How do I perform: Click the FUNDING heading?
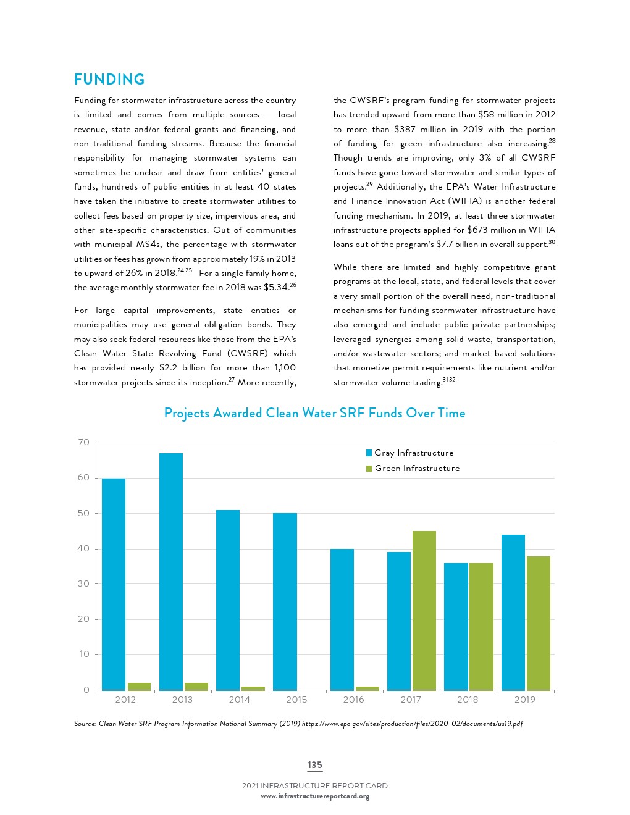(x=109, y=80)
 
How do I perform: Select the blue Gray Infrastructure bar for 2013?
(x=171, y=571)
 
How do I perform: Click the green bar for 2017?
(x=424, y=610)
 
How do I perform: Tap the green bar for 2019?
(x=538, y=622)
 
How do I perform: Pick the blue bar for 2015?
(x=285, y=601)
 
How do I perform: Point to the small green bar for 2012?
(x=139, y=686)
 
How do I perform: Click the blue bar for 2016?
(x=342, y=619)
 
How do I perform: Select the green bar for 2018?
(x=481, y=626)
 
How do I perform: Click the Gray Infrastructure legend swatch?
(x=369, y=453)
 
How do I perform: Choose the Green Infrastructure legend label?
(x=417, y=469)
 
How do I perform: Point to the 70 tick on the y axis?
(x=84, y=443)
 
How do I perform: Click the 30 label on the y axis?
(x=84, y=583)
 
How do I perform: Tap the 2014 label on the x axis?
(x=240, y=700)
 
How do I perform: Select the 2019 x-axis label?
(x=525, y=700)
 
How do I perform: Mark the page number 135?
(x=315, y=765)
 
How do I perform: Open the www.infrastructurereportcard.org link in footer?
(x=315, y=796)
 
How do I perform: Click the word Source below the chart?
(x=85, y=724)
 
